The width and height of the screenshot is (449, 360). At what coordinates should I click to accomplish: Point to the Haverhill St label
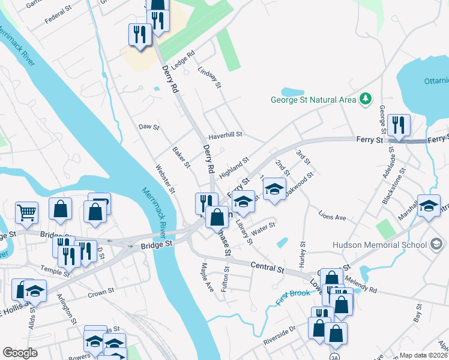tap(225, 135)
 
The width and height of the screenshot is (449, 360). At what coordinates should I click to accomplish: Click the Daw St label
tap(148, 127)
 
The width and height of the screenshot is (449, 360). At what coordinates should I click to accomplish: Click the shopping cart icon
tap(27, 212)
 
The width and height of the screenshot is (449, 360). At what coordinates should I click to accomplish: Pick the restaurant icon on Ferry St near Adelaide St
tap(399, 125)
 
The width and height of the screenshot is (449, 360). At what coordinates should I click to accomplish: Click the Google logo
tap(20, 352)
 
